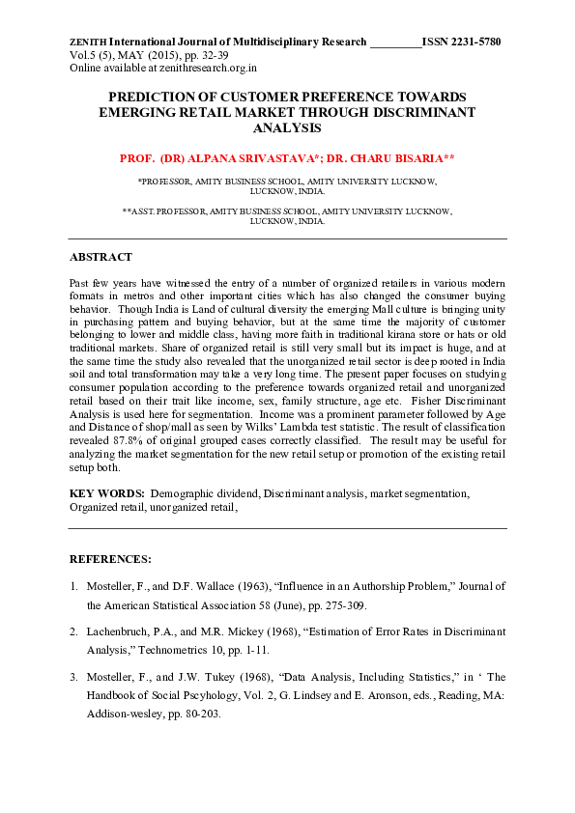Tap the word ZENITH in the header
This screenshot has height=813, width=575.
pos(88,42)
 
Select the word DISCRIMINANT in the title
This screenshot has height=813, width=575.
pos(418,112)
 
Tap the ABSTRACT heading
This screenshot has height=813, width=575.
pos(101,258)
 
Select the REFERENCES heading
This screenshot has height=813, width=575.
pos(110,559)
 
